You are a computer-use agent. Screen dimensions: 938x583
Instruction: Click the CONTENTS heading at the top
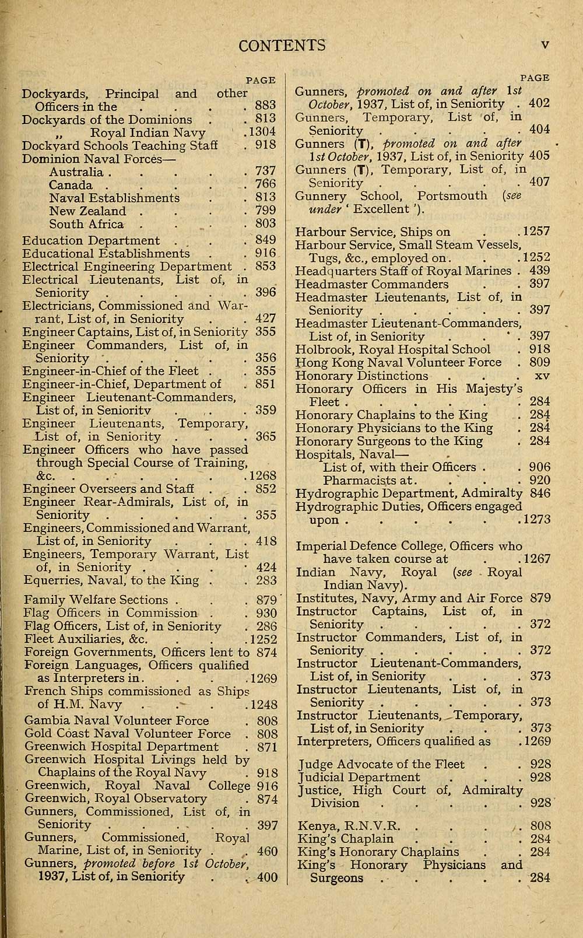[x=282, y=45]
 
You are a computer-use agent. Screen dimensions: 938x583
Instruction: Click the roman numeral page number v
[x=545, y=45]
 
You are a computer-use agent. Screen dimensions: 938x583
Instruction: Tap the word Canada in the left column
[x=71, y=185]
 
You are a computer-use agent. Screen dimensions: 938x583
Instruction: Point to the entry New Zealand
[x=87, y=211]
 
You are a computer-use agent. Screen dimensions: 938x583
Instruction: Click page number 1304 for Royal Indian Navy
[x=261, y=132]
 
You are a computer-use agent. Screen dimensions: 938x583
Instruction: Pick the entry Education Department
[x=91, y=240]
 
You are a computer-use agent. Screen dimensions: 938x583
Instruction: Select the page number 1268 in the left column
[x=261, y=475]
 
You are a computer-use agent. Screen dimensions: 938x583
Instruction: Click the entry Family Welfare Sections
[x=96, y=600]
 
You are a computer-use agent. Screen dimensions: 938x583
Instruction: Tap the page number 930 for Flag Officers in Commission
[x=266, y=613]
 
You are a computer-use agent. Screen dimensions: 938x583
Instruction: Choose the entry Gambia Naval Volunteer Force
[x=117, y=721]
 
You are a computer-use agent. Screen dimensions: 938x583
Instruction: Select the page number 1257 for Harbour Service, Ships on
[x=536, y=232]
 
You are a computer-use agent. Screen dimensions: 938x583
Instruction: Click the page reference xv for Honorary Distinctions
[x=542, y=376]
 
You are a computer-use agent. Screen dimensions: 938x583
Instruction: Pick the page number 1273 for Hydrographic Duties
[x=536, y=520]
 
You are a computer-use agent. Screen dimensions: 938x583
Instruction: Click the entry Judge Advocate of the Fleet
[x=381, y=764]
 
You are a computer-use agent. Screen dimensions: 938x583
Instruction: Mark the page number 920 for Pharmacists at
[x=540, y=480]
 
